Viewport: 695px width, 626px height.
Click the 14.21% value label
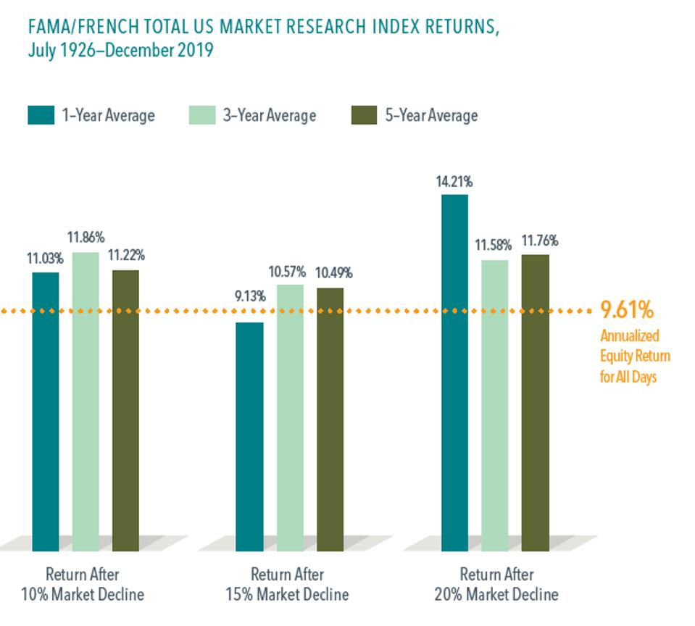(454, 182)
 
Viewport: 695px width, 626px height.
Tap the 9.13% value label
(250, 296)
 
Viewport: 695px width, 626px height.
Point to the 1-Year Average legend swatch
(41, 115)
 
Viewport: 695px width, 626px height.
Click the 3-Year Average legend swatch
(202, 115)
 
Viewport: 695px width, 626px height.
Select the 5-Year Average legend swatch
(364, 115)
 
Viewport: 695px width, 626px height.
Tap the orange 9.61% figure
(627, 310)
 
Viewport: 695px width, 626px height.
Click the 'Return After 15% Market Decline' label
(288, 584)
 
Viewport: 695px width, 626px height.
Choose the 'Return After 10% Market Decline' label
(84, 584)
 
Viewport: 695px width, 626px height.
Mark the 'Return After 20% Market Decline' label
(497, 584)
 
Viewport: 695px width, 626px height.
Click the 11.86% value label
(86, 237)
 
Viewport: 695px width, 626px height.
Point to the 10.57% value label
(288, 272)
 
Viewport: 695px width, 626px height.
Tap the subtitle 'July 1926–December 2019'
(120, 52)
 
